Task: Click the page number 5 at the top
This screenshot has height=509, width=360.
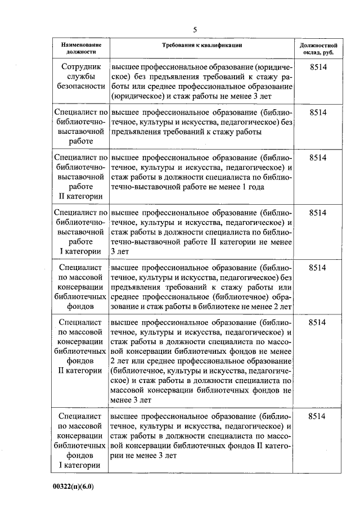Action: (x=195, y=30)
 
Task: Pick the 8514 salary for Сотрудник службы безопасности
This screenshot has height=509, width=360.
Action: (x=318, y=66)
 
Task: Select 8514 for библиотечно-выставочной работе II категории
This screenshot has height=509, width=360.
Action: (x=318, y=157)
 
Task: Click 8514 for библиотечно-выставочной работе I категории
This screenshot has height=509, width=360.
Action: (x=318, y=213)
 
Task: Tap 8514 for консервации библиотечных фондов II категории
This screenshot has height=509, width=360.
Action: (x=318, y=323)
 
